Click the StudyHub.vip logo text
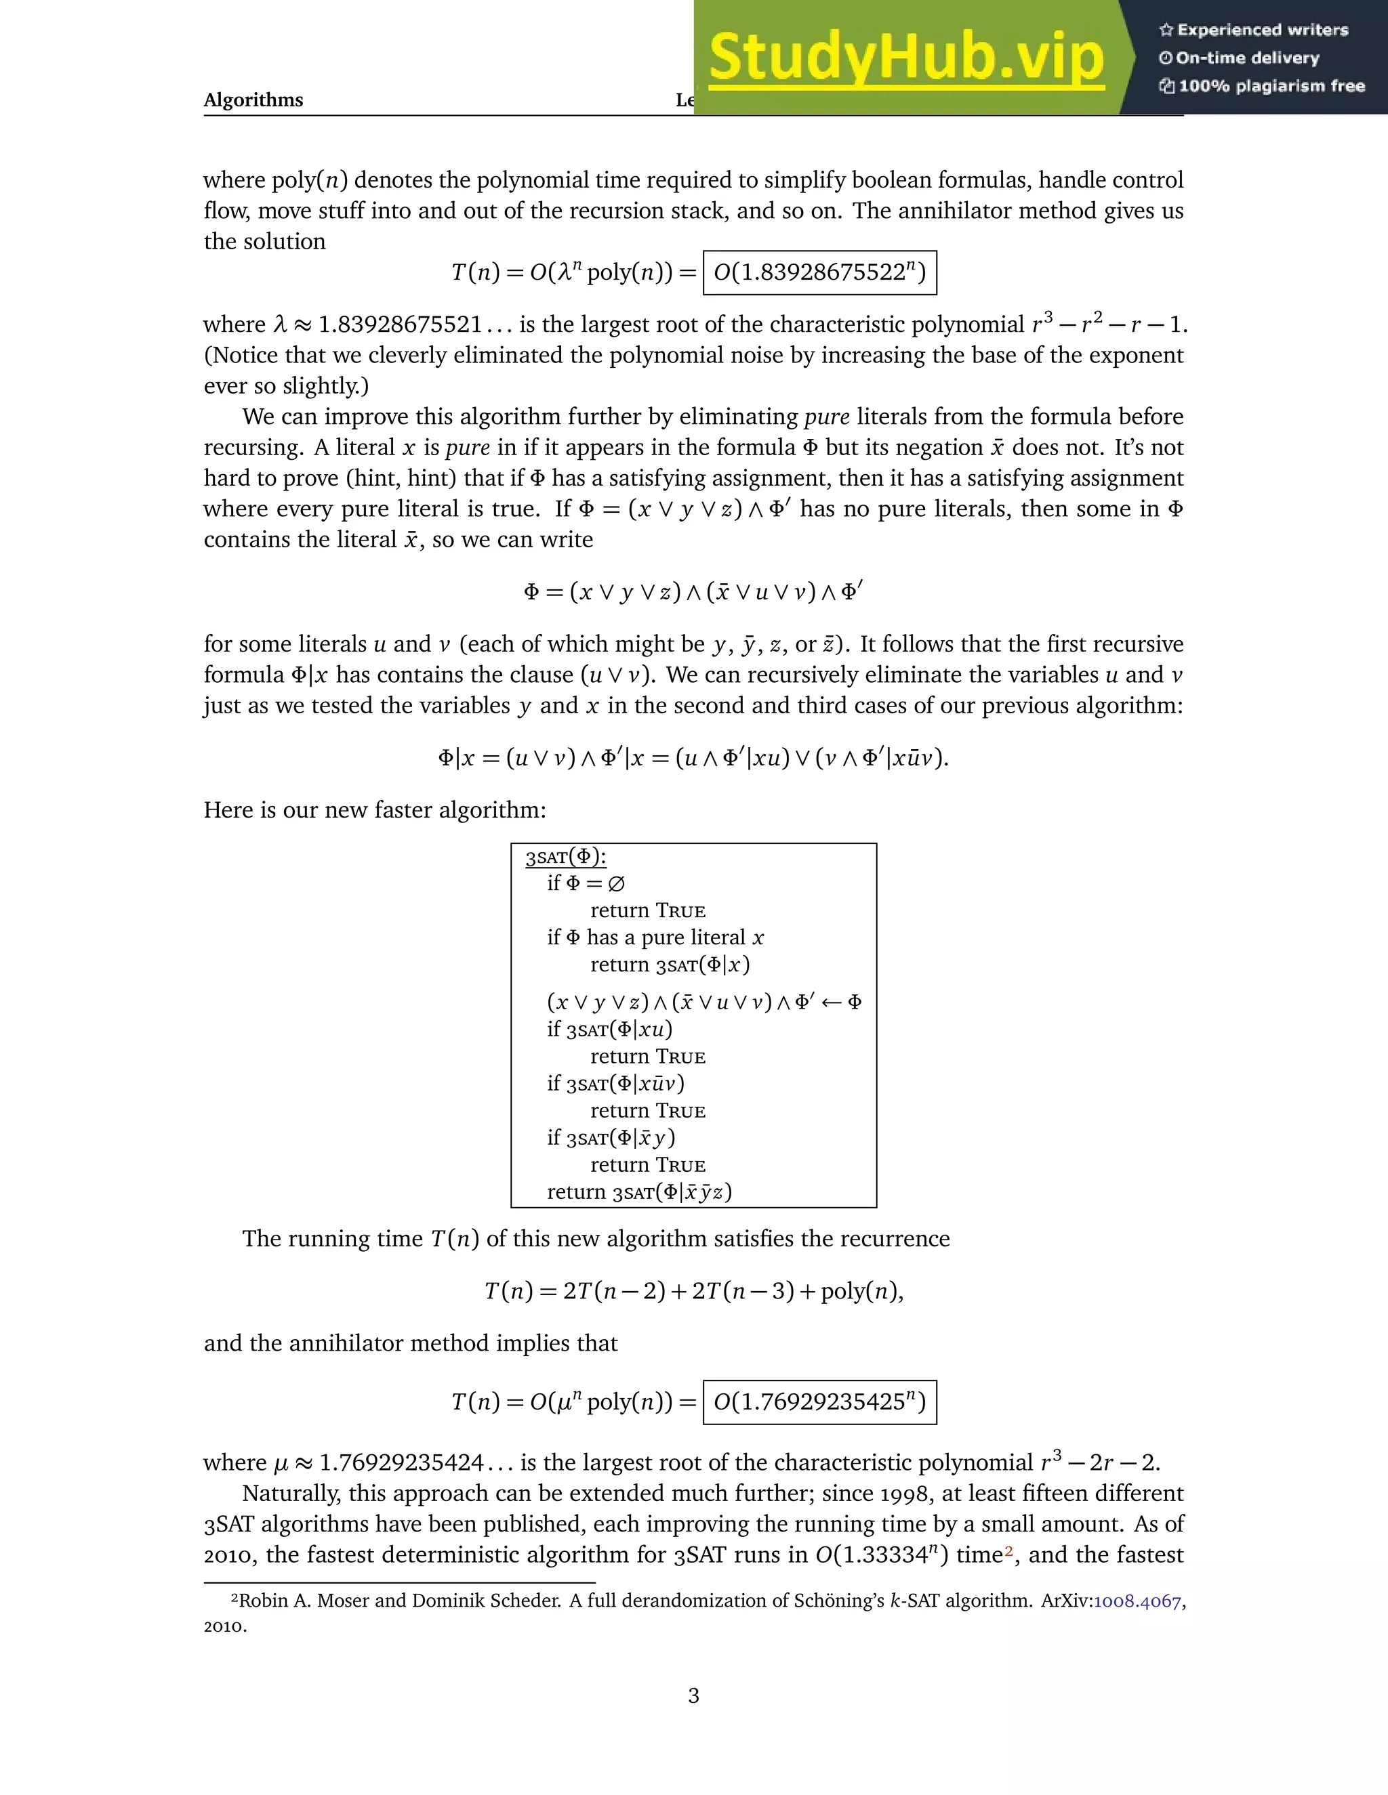coord(905,58)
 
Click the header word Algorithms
coord(253,100)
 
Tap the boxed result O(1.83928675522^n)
coord(820,273)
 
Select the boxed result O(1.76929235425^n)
coord(820,1401)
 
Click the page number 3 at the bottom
coord(693,1695)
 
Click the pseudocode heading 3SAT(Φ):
coord(566,858)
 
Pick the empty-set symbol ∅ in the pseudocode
coord(616,883)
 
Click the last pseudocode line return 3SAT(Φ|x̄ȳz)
coord(639,1191)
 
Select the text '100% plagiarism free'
coord(1271,86)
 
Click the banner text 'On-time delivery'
coord(1246,58)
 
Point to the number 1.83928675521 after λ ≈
coord(400,324)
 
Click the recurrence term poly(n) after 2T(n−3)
coord(859,1291)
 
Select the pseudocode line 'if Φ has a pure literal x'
coord(655,937)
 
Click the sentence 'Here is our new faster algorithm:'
coord(375,810)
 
